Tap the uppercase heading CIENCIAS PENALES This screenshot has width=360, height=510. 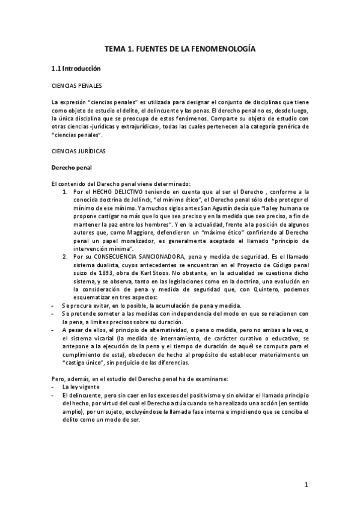point(76,85)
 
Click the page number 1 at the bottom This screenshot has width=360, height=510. point(306,486)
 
